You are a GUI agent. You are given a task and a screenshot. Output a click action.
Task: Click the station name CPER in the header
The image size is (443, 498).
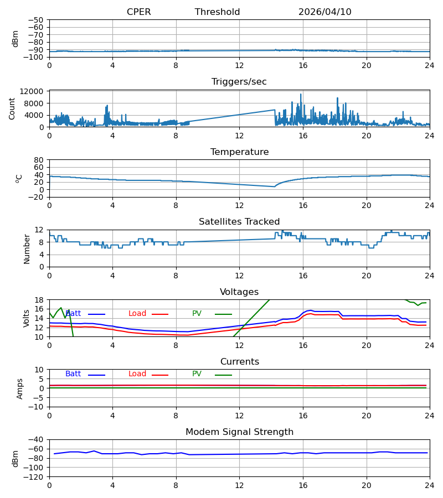point(138,12)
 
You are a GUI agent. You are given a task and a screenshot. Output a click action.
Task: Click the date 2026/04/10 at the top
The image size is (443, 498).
point(325,12)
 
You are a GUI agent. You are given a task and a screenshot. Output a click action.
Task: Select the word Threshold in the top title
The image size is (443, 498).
point(218,12)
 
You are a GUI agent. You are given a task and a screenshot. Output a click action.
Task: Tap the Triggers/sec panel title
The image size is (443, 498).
point(239,82)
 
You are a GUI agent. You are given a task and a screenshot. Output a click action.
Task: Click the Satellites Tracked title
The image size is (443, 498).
point(239,222)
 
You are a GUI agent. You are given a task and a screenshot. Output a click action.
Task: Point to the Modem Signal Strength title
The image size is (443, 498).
point(239,432)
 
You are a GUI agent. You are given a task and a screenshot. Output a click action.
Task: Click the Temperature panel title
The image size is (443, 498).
point(239,152)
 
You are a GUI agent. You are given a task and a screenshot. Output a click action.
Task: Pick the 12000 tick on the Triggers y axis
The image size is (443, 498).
point(32,91)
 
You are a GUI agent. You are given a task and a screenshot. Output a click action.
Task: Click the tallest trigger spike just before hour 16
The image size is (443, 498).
point(301,94)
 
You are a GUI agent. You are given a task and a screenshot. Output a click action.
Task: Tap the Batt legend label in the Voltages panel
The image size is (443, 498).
point(73,314)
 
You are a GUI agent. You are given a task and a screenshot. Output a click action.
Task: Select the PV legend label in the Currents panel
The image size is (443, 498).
point(197,374)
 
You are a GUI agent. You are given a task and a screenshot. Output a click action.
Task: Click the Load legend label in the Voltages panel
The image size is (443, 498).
point(137,314)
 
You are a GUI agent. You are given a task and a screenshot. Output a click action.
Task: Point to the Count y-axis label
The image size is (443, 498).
point(12,108)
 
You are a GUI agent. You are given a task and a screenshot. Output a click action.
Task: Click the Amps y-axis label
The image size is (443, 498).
point(19,388)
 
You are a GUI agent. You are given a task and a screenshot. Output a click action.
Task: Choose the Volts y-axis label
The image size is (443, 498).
point(26,318)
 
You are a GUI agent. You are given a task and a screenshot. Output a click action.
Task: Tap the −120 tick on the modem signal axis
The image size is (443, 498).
point(35,477)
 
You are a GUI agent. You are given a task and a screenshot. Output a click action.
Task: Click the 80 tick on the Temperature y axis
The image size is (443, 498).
point(39,160)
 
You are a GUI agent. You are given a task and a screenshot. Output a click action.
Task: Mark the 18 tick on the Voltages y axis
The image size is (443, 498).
point(39,300)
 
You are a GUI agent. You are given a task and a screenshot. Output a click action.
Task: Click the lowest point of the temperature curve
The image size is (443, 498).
point(274,187)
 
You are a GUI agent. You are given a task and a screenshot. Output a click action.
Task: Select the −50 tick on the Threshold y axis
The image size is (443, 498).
point(35,20)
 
